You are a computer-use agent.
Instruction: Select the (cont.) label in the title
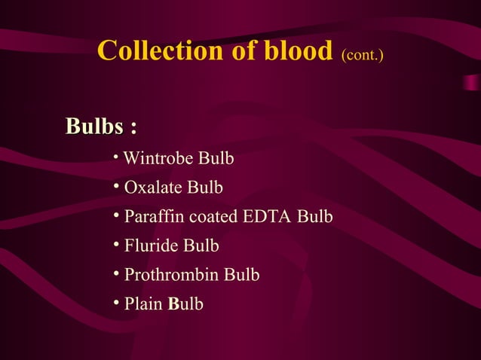[x=363, y=54]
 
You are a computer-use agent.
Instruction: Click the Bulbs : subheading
[x=101, y=126]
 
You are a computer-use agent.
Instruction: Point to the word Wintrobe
[x=157, y=159]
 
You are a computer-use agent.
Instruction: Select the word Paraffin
[x=154, y=217]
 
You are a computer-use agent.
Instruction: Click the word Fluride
[x=151, y=246]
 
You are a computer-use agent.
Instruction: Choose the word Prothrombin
[x=172, y=275]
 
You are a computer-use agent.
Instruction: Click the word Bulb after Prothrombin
[x=242, y=275]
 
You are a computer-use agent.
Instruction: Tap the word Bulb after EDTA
[x=315, y=217]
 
